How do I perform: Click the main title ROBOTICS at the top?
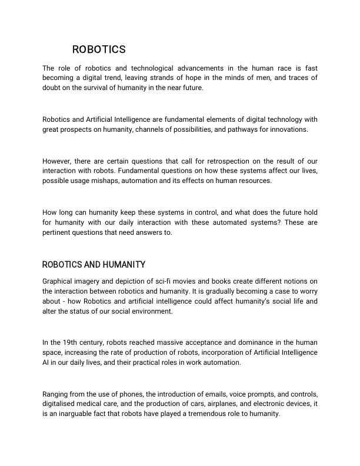(x=99, y=49)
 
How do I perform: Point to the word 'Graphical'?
(x=59, y=281)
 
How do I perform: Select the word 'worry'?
(x=306, y=291)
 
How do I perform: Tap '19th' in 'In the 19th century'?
(x=70, y=342)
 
